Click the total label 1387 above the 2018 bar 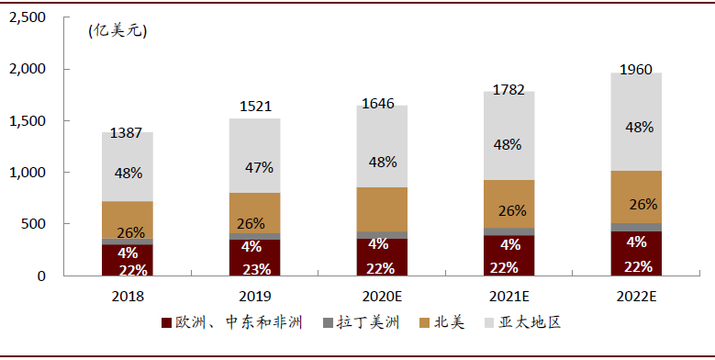click(x=127, y=133)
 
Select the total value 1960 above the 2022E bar click(x=635, y=70)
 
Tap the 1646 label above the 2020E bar click(x=378, y=104)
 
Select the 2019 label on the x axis click(x=254, y=298)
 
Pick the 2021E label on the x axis click(x=508, y=298)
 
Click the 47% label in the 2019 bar click(x=255, y=167)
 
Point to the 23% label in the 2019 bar click(x=255, y=268)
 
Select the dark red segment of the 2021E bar click(x=508, y=255)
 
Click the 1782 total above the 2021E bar click(x=508, y=89)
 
